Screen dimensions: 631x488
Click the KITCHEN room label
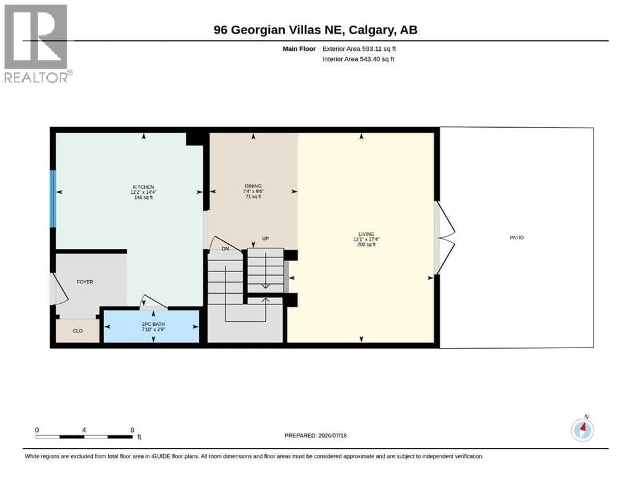click(x=143, y=187)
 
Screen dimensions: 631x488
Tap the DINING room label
click(x=253, y=186)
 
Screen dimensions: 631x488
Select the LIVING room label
click(x=366, y=234)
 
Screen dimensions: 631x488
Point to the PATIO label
click(x=517, y=238)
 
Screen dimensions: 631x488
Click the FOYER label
click(x=85, y=282)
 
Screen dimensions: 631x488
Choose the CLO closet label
click(x=78, y=330)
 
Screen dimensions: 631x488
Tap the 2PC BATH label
click(x=153, y=324)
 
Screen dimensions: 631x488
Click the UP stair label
click(x=265, y=238)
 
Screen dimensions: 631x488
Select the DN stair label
click(x=226, y=248)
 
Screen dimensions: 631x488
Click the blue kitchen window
click(x=53, y=199)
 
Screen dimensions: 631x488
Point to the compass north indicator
click(x=582, y=430)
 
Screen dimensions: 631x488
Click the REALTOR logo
click(x=37, y=43)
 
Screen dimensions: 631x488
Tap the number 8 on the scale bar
click(x=132, y=430)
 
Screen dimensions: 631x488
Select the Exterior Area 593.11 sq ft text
click(x=359, y=49)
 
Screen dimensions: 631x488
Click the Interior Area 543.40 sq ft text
click(x=358, y=59)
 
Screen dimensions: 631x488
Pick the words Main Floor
click(x=299, y=49)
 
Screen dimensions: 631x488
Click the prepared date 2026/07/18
click(x=332, y=435)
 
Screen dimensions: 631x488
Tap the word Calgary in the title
click(x=371, y=30)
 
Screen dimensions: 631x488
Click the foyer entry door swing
click(x=60, y=289)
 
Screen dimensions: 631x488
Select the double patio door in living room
click(x=445, y=238)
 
